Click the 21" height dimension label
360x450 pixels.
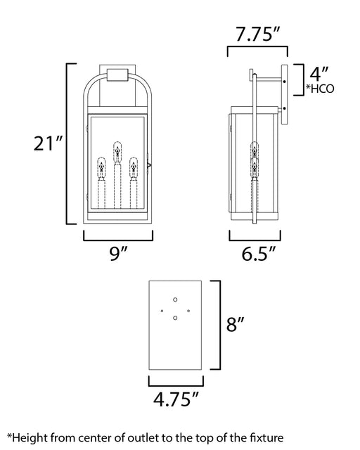click(x=48, y=143)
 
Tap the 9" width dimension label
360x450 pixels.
click(x=118, y=253)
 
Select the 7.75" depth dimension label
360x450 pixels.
click(x=257, y=34)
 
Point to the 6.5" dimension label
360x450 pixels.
click(x=258, y=254)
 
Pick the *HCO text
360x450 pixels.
click(x=320, y=89)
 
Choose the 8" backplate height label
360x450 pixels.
click(x=235, y=325)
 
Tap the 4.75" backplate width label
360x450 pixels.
click(x=176, y=399)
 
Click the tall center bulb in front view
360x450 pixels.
click(x=117, y=152)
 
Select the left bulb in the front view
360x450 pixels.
click(x=101, y=168)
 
